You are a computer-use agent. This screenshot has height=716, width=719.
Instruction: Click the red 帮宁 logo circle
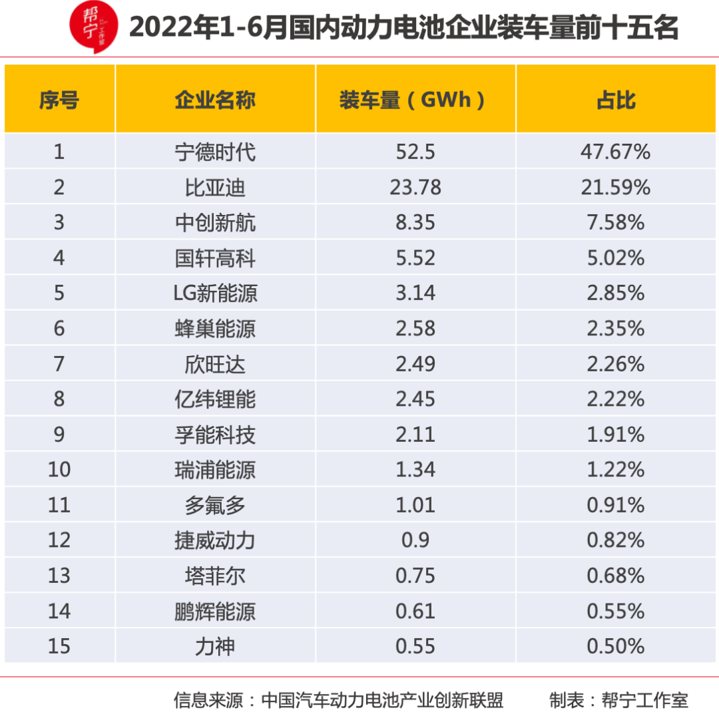coord(94,27)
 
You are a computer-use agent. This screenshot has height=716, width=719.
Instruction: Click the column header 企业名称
coord(215,100)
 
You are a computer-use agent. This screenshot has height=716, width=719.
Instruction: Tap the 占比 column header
coord(616,100)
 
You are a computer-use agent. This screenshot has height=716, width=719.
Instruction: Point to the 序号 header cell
coord(59,100)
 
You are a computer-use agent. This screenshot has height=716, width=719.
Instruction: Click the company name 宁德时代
coord(215,152)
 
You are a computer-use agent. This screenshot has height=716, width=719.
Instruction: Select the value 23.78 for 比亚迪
coord(415,188)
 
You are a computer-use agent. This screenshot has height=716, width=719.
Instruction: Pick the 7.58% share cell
coord(616,223)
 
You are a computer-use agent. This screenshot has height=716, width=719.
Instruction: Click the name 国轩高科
coord(215,258)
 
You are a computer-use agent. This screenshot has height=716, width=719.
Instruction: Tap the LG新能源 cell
coord(215,293)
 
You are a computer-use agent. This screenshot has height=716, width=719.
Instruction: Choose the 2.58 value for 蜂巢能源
coord(415,329)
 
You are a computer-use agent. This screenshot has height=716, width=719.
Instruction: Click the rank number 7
coord(59,364)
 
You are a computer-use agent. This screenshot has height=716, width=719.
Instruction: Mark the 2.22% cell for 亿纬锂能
coord(616,399)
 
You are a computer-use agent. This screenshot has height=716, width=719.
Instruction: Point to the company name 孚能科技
coord(215,435)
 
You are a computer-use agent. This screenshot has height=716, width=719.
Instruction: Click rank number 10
coord(59,470)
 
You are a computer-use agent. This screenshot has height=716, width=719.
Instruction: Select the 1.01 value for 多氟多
coord(415,505)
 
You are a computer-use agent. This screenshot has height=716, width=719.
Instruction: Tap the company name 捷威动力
coord(215,540)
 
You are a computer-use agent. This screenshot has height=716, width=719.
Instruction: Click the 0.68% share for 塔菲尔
coord(616,576)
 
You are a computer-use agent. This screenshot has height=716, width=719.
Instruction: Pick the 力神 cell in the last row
coord(215,646)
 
